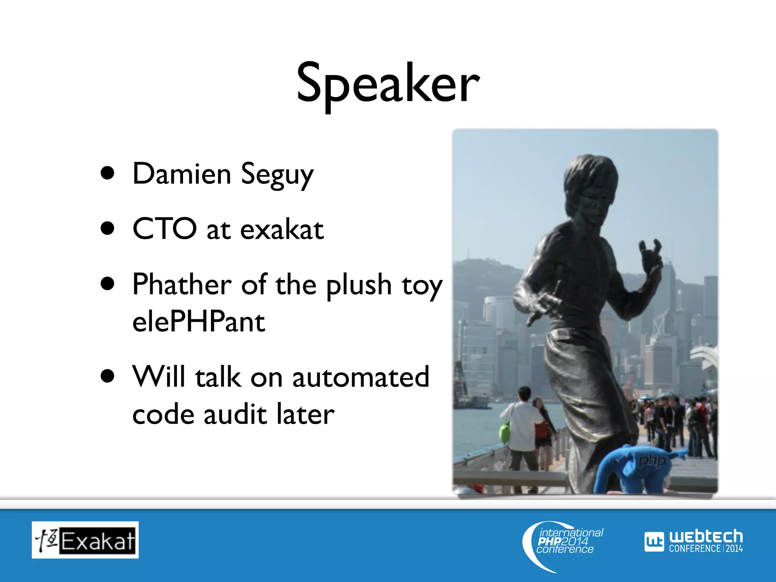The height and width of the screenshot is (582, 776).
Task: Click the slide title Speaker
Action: click(x=388, y=83)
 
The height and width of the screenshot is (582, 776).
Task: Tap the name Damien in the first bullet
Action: click(x=181, y=174)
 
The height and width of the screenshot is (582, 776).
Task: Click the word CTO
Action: click(x=164, y=229)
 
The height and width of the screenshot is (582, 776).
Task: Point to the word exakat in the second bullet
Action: click(x=282, y=230)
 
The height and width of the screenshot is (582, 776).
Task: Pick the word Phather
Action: click(x=182, y=285)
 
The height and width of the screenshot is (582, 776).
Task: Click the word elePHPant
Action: click(x=199, y=322)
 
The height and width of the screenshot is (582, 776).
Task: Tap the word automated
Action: click(x=361, y=377)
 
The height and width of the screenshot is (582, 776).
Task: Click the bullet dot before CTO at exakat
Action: click(x=108, y=229)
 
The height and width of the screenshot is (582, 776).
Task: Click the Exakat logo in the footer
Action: click(x=85, y=540)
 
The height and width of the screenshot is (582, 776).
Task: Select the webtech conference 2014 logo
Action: click(x=693, y=541)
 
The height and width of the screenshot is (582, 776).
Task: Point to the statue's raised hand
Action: click(x=650, y=254)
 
